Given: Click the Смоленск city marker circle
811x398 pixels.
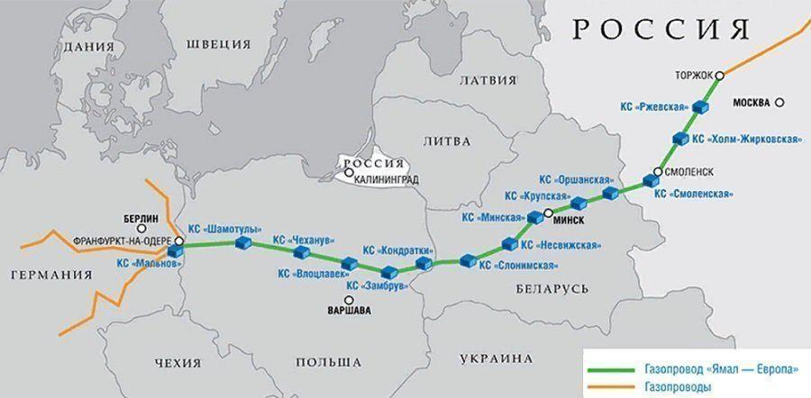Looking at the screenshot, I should [659, 171].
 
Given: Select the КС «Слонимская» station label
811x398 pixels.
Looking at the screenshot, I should [518, 266].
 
